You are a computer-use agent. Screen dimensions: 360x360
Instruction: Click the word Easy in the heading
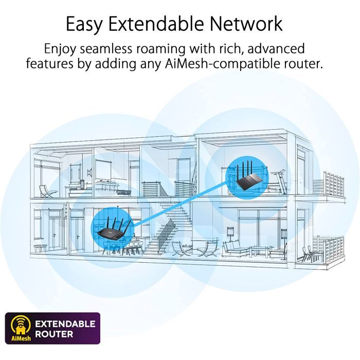tap(84, 24)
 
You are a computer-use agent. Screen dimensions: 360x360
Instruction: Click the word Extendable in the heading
tap(156, 24)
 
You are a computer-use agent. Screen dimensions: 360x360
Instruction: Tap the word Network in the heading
tap(246, 24)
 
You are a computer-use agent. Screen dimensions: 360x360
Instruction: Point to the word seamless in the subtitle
tap(106, 49)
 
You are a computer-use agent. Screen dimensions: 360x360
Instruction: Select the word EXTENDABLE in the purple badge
tap(65, 323)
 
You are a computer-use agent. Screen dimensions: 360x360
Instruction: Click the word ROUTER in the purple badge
tap(54, 334)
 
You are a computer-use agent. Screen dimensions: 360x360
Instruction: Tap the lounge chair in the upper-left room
tap(47, 191)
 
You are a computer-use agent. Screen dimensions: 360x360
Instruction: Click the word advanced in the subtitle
tap(276, 49)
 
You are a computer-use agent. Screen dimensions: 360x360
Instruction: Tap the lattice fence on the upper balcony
tap(334, 183)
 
